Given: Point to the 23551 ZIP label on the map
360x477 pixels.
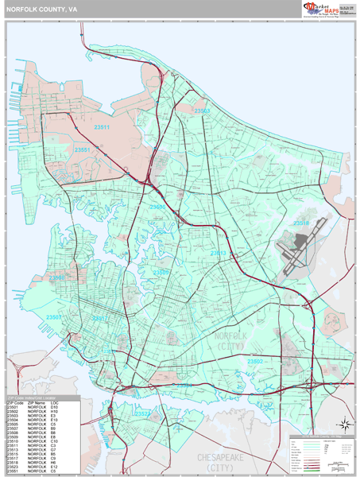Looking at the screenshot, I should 83,149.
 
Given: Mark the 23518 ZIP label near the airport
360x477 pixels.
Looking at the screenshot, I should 301,223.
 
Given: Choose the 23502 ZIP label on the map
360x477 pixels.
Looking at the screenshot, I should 255,361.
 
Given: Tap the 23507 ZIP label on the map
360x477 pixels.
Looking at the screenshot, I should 54,317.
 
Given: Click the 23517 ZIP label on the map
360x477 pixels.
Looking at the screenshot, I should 101,318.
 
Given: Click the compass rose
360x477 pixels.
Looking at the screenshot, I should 342,424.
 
